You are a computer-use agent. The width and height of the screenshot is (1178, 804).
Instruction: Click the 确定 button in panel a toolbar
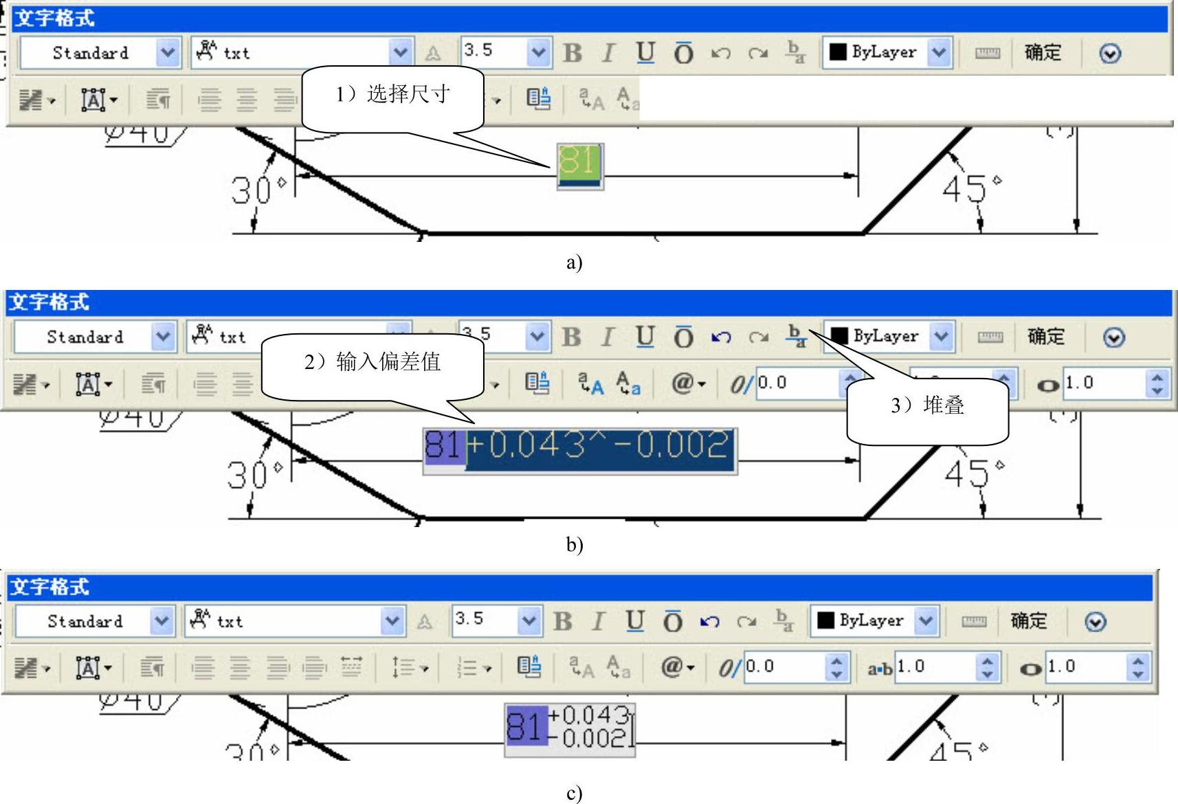(x=1043, y=53)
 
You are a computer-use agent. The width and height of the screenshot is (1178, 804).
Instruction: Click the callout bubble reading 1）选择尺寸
(x=392, y=94)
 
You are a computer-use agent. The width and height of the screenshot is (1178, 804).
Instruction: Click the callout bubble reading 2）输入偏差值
(x=373, y=362)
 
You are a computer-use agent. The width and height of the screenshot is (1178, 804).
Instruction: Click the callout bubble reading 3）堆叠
(x=927, y=405)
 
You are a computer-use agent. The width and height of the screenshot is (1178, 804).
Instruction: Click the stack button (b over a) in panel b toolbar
(x=796, y=337)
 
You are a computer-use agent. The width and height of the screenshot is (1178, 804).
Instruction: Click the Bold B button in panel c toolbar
(x=563, y=621)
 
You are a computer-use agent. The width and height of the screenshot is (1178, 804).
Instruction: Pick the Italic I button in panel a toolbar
(x=608, y=53)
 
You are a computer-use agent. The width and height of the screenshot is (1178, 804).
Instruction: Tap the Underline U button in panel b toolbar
(x=644, y=337)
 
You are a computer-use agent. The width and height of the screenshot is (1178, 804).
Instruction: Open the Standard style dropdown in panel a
(x=167, y=53)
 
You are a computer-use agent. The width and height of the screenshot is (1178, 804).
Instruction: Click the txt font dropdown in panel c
(x=392, y=621)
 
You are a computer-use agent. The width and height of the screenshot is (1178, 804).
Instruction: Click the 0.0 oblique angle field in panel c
(x=784, y=667)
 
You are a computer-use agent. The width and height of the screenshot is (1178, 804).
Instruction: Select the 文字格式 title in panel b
(x=49, y=302)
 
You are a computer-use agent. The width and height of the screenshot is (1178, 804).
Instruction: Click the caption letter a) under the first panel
(x=575, y=262)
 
